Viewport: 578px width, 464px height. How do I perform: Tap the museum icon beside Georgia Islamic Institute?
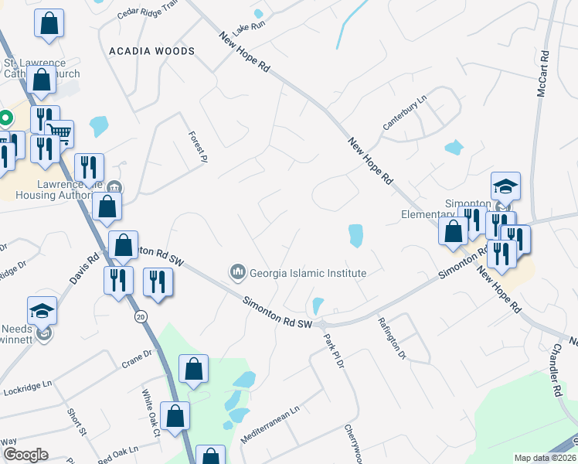click(x=237, y=272)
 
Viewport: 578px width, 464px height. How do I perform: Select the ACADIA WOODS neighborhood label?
click(x=151, y=50)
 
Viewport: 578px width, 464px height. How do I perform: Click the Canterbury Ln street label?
click(x=405, y=114)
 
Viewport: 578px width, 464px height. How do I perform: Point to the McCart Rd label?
click(x=542, y=74)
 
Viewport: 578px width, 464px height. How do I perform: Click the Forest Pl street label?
click(x=199, y=146)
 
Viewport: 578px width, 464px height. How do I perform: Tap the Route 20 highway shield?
click(x=140, y=317)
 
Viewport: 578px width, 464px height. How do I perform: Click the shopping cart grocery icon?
click(x=59, y=134)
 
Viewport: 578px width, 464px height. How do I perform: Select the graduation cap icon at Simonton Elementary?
click(x=505, y=186)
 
